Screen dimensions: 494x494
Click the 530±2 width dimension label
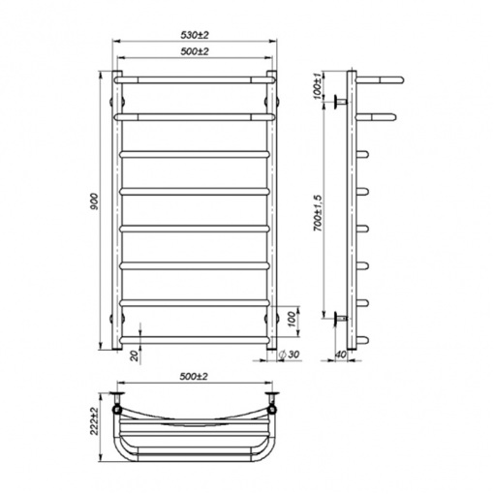point(194,35)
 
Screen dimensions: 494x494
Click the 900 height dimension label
point(94,201)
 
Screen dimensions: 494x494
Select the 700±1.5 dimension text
point(318,213)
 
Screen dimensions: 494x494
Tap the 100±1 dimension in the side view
point(318,86)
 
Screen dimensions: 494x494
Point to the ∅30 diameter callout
point(289,355)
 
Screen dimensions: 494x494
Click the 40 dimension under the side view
point(341,355)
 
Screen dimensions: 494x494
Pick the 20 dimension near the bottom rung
point(136,355)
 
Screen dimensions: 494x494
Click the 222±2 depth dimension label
point(94,421)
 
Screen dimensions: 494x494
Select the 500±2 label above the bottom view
point(194,377)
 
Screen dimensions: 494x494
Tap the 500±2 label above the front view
point(194,51)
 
